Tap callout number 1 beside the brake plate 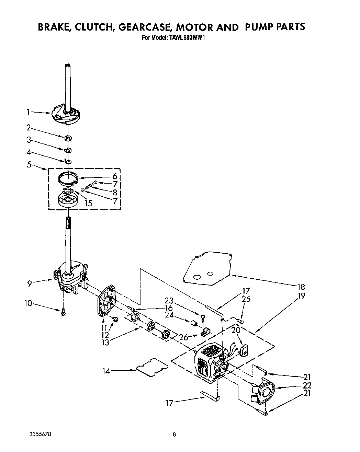pos(28,112)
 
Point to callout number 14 pos(107,371)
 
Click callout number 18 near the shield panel pos(301,287)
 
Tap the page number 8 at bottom pos(175,434)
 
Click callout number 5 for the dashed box pos(29,165)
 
